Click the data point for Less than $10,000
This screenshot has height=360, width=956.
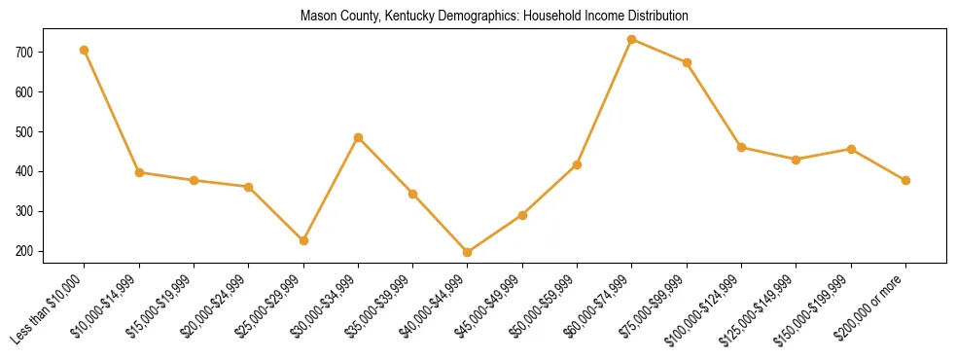pyautogui.click(x=85, y=50)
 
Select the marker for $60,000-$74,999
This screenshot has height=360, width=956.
pyautogui.click(x=632, y=40)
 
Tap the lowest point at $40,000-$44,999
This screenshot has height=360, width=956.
pyautogui.click(x=468, y=252)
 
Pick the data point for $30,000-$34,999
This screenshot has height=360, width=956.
pyautogui.click(x=359, y=138)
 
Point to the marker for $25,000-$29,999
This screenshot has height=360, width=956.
pyautogui.click(x=303, y=240)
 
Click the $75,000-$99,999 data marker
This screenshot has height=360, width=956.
pyautogui.click(x=687, y=62)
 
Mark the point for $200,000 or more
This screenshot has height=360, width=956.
pyautogui.click(x=905, y=180)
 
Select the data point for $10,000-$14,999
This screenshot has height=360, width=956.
pyautogui.click(x=139, y=172)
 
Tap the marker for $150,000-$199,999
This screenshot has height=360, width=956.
pyautogui.click(x=851, y=149)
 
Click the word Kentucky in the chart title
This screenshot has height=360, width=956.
pyautogui.click(x=415, y=16)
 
